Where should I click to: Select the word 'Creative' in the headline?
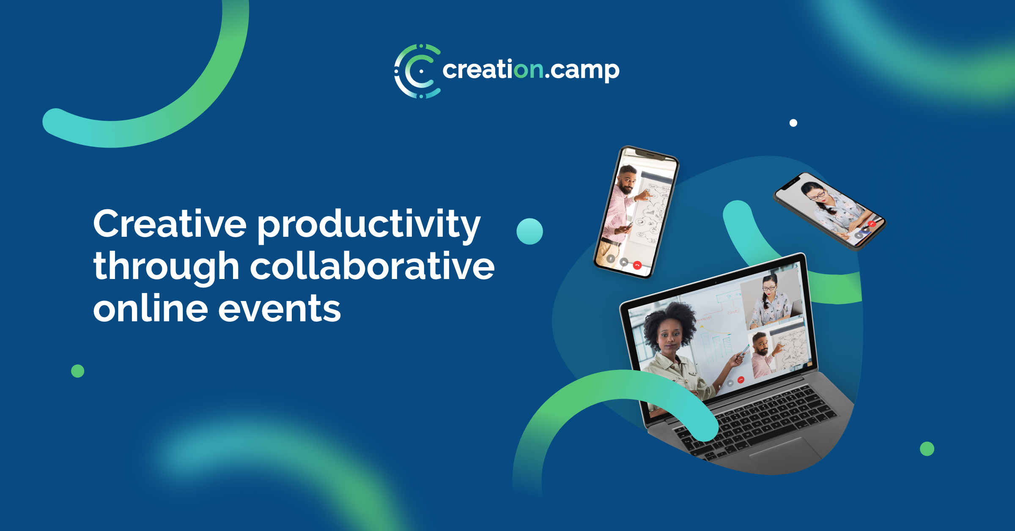point(170,224)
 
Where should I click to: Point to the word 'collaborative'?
point(372,267)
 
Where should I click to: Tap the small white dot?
point(793,123)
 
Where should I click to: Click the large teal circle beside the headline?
point(529,231)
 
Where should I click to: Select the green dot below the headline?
point(77,371)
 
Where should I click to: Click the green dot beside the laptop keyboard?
point(927,449)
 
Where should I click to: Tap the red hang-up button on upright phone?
point(637,265)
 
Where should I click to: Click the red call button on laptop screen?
point(741,380)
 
